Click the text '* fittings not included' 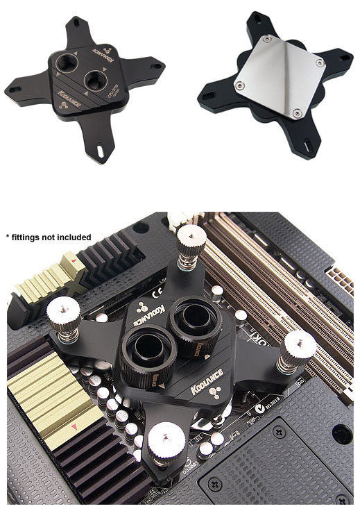tap(49, 237)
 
